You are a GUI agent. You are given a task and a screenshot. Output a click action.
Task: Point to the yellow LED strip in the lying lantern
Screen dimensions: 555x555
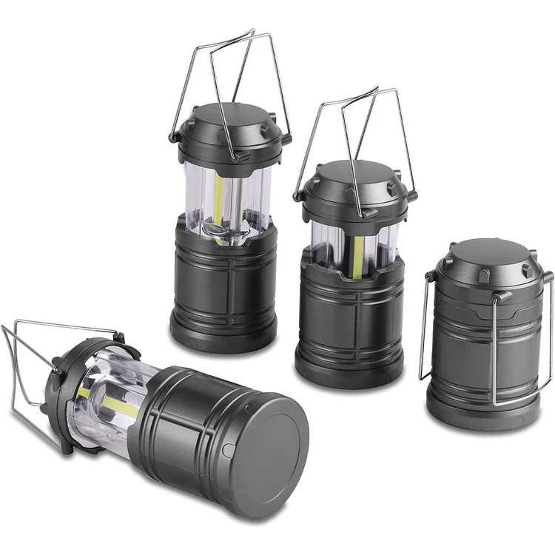[x=111, y=403]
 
